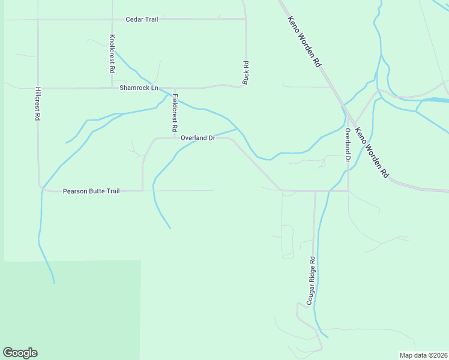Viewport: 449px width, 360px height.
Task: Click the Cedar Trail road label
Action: (142, 19)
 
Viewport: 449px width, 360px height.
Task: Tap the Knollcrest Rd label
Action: (112, 53)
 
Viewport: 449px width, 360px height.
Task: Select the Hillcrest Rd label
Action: (37, 106)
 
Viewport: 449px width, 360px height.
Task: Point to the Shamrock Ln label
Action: (139, 88)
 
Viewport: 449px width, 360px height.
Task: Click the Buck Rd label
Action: (246, 72)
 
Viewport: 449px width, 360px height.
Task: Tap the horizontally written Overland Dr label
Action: (197, 138)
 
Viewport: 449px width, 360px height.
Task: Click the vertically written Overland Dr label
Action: (347, 145)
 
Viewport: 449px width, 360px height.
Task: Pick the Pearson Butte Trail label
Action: (91, 191)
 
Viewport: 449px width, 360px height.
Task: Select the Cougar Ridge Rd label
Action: (312, 281)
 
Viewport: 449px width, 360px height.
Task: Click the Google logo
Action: (20, 353)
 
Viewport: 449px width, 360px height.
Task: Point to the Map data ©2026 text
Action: (423, 355)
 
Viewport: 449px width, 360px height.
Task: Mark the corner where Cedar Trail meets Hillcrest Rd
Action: (38, 19)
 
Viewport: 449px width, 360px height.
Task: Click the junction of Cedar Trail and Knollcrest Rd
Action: (112, 19)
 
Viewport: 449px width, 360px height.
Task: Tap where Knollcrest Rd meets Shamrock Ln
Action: (112, 88)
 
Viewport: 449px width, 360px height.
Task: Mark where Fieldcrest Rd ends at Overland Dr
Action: (175, 138)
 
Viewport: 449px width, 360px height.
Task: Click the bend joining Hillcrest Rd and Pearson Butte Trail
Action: (41, 188)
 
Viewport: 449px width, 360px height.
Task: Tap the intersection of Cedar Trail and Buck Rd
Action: (246, 19)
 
